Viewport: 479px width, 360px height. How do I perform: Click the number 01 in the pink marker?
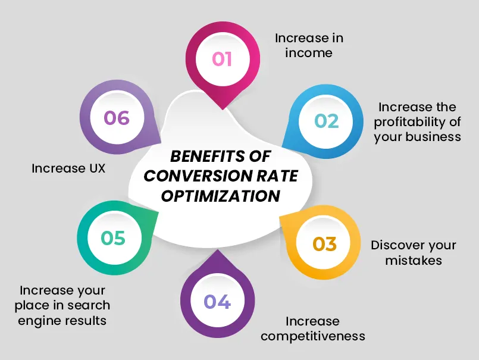pos(222,60)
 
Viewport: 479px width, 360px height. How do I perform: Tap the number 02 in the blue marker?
pos(327,121)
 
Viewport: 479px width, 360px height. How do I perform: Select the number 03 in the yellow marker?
pos(325,244)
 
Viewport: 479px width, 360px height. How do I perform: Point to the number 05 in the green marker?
pos(113,238)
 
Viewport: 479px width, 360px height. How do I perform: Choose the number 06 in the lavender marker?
pos(117,118)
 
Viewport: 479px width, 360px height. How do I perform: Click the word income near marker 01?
pos(308,53)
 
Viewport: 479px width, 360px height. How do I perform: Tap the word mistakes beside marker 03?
pos(413,261)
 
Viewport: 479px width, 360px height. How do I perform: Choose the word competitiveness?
pos(312,336)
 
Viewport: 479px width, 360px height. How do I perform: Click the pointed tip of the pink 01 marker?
pos(222,109)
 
